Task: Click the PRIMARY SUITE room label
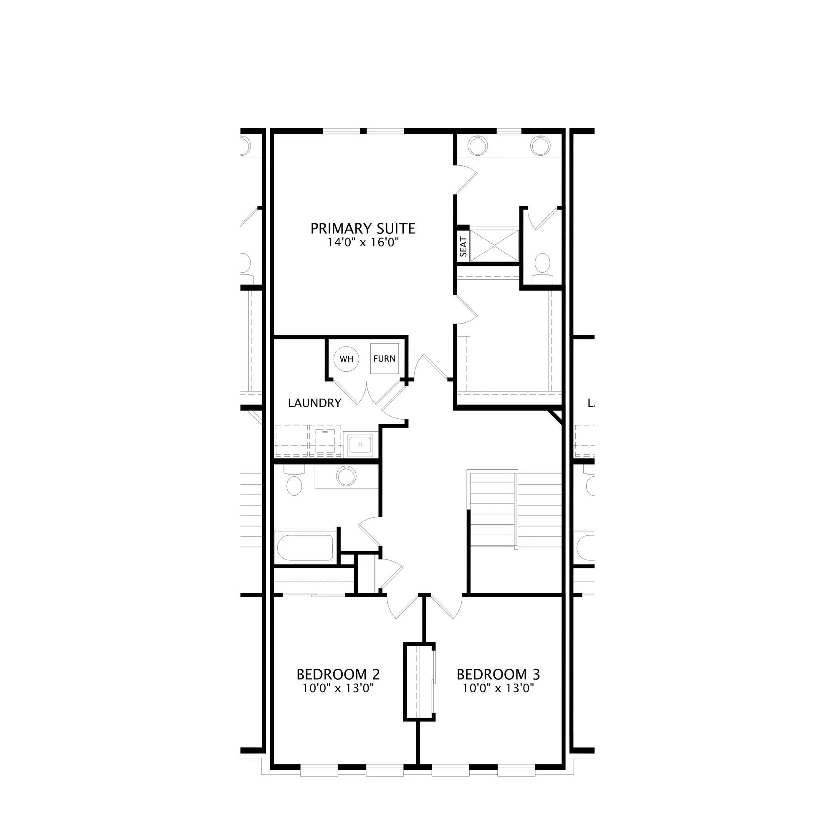coord(363,228)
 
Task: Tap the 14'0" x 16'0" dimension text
coord(363,243)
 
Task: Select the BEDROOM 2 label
coord(338,674)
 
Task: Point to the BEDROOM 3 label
coord(498,674)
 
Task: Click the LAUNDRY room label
coord(315,403)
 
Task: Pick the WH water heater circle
coord(347,359)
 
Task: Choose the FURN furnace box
coord(384,358)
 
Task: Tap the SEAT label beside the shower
coord(463,247)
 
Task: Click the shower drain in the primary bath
coord(494,245)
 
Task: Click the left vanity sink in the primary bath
coord(478,146)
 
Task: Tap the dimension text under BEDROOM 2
coord(338,688)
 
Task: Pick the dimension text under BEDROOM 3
coord(498,688)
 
